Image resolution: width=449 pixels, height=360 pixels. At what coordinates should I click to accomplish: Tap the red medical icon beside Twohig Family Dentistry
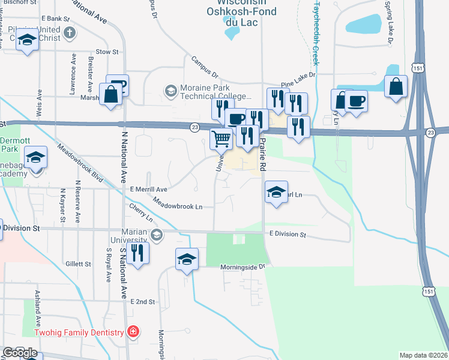pos(133,332)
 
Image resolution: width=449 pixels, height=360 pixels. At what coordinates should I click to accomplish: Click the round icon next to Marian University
pos(157,234)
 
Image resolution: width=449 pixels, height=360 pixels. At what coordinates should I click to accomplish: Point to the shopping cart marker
pos(221,139)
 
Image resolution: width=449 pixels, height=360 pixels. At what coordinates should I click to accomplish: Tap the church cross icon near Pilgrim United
pos(69,33)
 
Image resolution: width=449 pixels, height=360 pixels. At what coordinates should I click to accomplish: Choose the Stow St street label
pos(107,52)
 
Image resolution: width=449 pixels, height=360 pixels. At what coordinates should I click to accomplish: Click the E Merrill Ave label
pos(148,188)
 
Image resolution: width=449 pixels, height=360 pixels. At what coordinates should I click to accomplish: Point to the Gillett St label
pos(79,263)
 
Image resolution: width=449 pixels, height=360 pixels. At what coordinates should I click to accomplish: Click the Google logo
pos(20,353)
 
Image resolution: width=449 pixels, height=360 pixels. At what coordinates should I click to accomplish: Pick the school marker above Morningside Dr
pos(187,259)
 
